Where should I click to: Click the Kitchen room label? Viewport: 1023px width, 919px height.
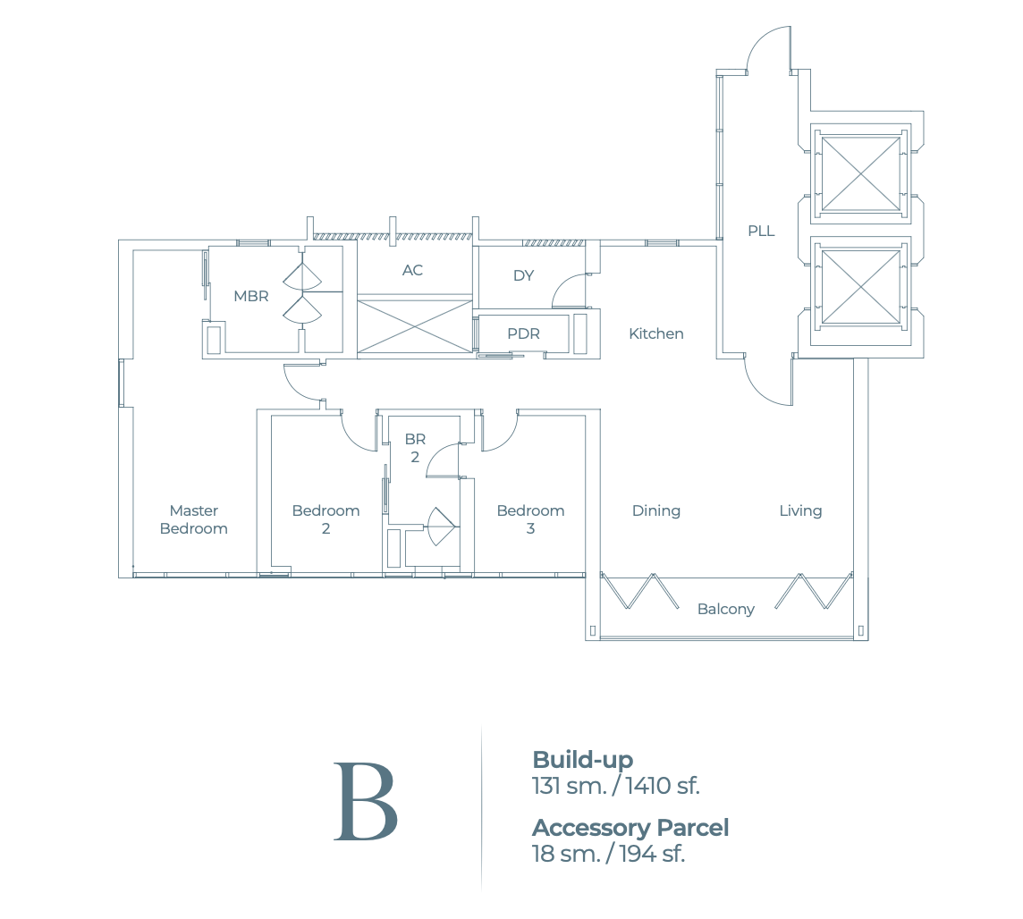click(655, 333)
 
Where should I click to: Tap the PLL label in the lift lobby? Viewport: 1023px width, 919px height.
click(761, 231)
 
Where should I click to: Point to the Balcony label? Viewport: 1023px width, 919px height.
click(725, 609)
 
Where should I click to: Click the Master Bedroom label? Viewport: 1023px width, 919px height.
click(194, 519)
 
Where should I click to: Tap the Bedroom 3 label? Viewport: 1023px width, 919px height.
click(530, 519)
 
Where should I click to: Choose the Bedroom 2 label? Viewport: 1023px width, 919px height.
click(325, 519)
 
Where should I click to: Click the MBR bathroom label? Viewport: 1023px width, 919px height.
click(250, 296)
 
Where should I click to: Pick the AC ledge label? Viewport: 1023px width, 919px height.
click(412, 270)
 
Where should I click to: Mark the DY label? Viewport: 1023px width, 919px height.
click(523, 275)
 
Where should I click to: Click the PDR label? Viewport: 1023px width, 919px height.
click(523, 333)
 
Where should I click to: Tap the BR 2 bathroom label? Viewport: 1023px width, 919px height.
click(415, 448)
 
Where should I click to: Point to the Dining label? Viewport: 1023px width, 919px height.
click(655, 510)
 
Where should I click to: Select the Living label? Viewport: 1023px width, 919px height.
click(799, 510)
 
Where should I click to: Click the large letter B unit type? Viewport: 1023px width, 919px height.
click(365, 802)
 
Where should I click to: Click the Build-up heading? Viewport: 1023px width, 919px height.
click(582, 760)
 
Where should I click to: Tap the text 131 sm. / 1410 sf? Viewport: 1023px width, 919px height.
click(615, 786)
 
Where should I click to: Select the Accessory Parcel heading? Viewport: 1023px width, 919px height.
click(630, 828)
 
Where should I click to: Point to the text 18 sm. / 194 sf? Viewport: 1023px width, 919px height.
click(607, 854)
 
